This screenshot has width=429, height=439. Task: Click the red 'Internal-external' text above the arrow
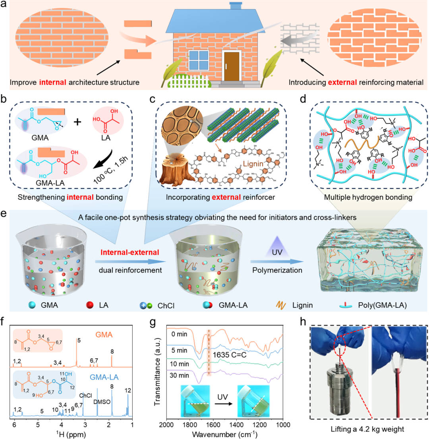[x=129, y=253]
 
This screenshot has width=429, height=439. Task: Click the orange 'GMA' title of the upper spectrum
[x=104, y=335]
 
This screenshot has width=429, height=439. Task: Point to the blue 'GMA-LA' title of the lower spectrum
[x=105, y=377]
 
